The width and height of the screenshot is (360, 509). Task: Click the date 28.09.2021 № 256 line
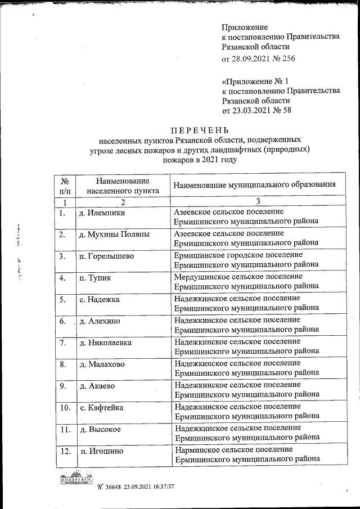point(259,58)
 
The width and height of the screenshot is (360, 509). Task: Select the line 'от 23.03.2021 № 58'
point(257,110)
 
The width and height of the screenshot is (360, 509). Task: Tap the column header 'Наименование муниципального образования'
point(255,184)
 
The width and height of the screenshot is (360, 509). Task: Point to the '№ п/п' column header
point(65,185)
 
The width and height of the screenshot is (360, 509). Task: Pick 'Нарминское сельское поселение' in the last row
point(233,449)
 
